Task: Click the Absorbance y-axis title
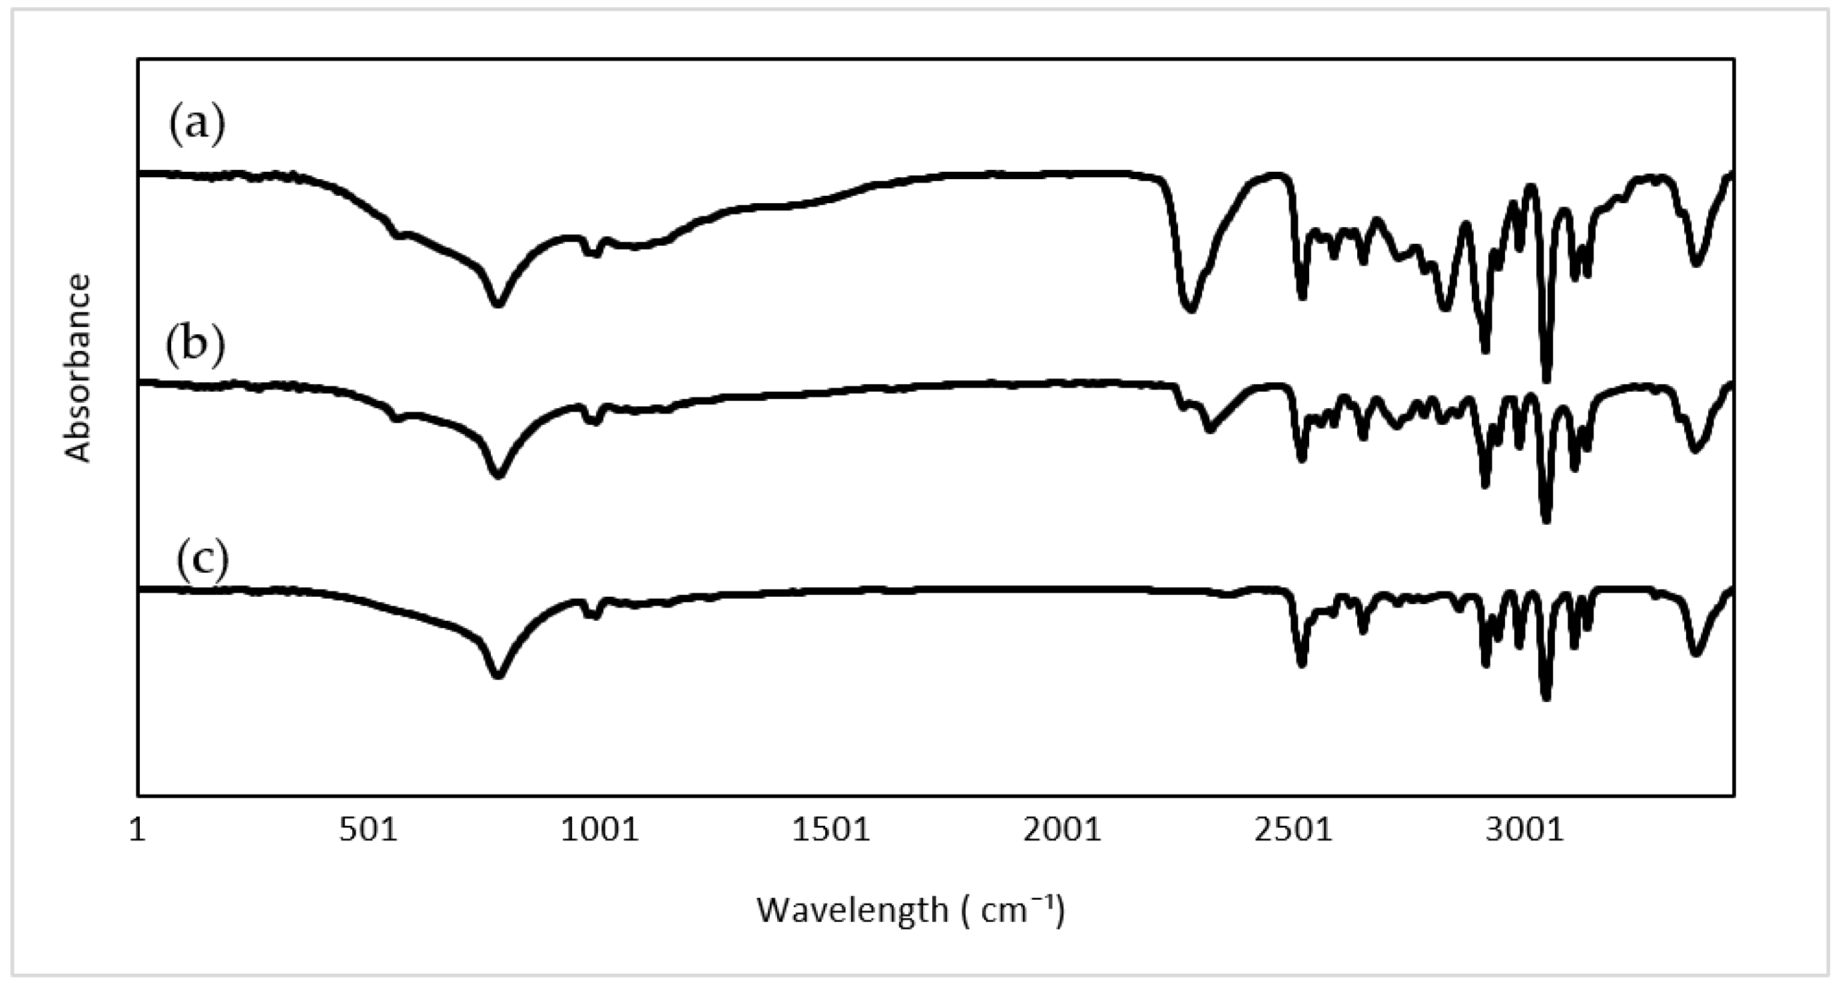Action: tap(79, 368)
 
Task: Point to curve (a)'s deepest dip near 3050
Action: tap(1546, 378)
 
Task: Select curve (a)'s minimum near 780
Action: tap(498, 303)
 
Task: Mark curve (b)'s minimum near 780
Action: tap(498, 475)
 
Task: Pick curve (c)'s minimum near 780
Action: tap(498, 675)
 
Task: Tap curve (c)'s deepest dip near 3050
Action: tap(1546, 697)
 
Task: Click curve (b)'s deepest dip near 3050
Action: tap(1546, 519)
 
